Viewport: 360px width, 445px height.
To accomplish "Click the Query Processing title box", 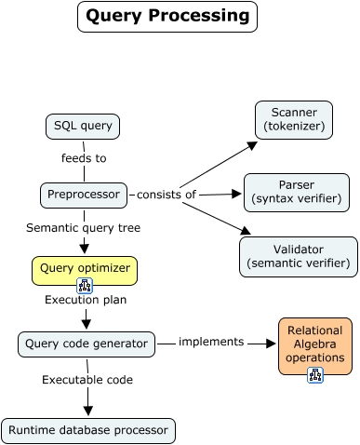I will pyautogui.click(x=167, y=17).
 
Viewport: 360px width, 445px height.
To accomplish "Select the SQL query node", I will pyautogui.click(x=84, y=126).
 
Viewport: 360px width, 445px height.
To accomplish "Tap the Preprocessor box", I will pyautogui.click(x=84, y=195).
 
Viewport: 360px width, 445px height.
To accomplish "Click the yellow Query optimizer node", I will pyautogui.click(x=85, y=270).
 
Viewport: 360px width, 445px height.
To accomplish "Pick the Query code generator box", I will pyautogui.click(x=86, y=344).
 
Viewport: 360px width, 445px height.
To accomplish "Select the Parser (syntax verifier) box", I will pyautogui.click(x=297, y=191).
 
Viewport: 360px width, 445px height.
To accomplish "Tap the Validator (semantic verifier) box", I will pyautogui.click(x=298, y=256).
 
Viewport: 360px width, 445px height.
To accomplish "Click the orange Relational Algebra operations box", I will pyautogui.click(x=315, y=342).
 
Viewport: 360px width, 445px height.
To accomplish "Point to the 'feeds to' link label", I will pyautogui.click(x=84, y=158).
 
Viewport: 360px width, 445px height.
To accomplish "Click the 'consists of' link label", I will pyautogui.click(x=167, y=195).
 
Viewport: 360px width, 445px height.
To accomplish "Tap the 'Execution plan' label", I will pyautogui.click(x=86, y=301).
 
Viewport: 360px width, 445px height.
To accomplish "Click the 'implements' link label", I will pyautogui.click(x=211, y=342).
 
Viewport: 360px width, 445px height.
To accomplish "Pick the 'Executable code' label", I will pyautogui.click(x=88, y=380).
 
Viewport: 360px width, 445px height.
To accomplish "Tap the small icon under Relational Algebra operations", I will pyautogui.click(x=315, y=375).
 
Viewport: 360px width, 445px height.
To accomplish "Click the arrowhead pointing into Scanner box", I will pyautogui.click(x=252, y=144).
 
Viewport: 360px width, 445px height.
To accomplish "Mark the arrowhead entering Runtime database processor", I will pyautogui.click(x=88, y=412).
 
